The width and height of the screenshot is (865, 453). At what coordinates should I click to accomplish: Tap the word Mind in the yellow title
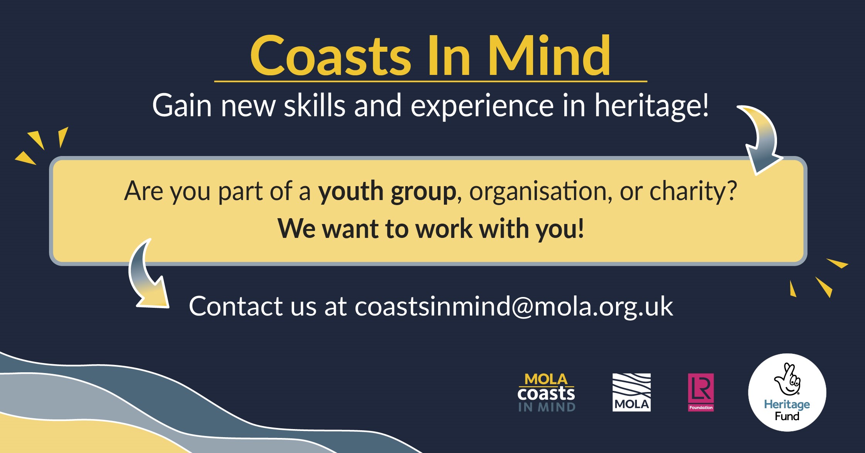tap(549, 55)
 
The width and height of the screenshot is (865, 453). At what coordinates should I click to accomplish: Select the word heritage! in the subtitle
tap(652, 105)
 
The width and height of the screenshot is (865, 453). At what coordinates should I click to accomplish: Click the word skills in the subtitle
tap(315, 105)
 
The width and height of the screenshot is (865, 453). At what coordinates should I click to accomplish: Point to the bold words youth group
tap(387, 191)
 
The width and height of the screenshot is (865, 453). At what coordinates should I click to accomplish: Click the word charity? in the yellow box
tap(693, 191)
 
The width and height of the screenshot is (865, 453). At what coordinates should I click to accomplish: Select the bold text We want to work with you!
tap(431, 229)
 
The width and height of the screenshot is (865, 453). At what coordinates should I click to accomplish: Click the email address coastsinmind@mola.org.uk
tap(514, 306)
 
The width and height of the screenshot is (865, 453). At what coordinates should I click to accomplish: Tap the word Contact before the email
tap(236, 306)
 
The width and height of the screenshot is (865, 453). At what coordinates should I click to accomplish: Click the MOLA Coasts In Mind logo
tap(546, 392)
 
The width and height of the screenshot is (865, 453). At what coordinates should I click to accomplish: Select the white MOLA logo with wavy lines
tap(631, 392)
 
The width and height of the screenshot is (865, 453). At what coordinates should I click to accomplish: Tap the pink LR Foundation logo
tap(701, 392)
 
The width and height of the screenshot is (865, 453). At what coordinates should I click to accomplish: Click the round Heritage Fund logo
tap(787, 392)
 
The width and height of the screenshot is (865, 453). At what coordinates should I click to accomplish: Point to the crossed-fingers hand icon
tap(788, 379)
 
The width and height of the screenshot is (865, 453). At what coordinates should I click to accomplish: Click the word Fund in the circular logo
tap(787, 416)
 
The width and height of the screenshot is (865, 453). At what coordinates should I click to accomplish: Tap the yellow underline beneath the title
tap(431, 81)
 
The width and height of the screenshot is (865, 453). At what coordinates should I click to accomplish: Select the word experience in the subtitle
tap(482, 106)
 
